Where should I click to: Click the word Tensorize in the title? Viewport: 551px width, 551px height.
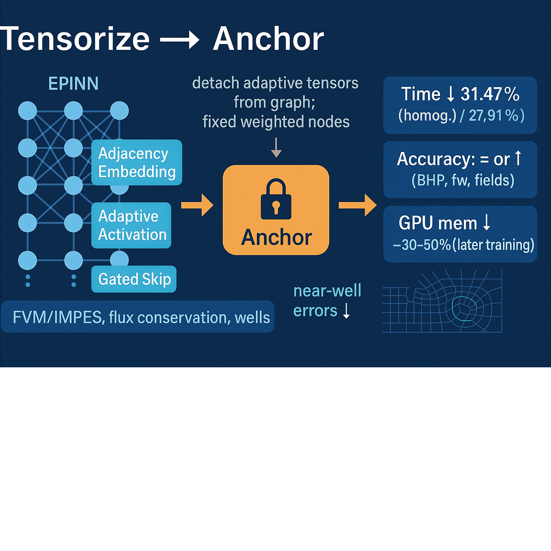tap(75, 39)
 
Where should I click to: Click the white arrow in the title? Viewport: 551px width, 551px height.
tap(180, 40)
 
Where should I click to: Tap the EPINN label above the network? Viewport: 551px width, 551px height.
tap(73, 84)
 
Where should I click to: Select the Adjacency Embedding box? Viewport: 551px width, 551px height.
tap(137, 163)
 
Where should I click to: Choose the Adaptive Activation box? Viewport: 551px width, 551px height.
tap(131, 225)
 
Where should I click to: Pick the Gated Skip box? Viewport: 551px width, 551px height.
tap(134, 279)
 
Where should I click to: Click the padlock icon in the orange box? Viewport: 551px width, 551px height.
tap(276, 199)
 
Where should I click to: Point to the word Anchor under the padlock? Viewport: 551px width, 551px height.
tap(276, 237)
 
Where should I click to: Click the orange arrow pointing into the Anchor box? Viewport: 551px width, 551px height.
tap(197, 205)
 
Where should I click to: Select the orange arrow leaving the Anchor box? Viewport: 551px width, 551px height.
tap(357, 205)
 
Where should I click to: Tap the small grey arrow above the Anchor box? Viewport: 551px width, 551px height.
tap(276, 148)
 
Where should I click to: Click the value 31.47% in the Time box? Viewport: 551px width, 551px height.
tap(490, 94)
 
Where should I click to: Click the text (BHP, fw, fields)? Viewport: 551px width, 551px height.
tap(463, 180)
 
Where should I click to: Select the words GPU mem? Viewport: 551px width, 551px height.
tap(438, 223)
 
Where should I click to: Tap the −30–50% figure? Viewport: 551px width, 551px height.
tap(422, 245)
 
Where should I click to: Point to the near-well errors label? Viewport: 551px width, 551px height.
tap(327, 301)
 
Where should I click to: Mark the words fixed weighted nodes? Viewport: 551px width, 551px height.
tap(276, 122)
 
